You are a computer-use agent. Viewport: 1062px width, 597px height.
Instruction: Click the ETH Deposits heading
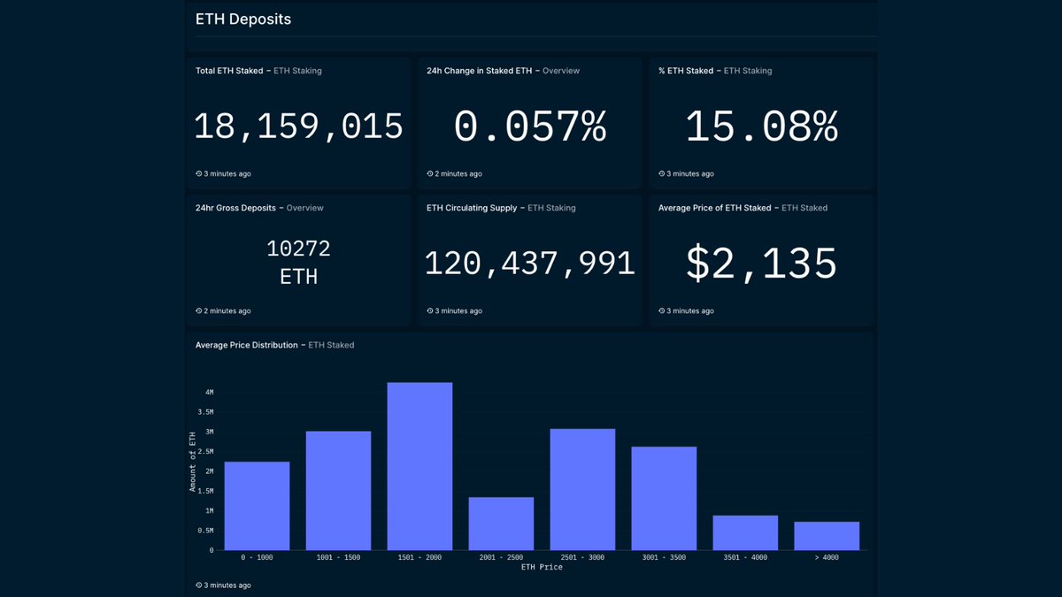pos(243,19)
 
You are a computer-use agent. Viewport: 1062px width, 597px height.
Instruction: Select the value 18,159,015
pos(299,127)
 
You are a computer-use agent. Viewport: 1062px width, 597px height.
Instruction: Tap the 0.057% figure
pos(530,127)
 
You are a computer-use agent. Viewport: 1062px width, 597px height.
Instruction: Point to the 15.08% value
pos(762,127)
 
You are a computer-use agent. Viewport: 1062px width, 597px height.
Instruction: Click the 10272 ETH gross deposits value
pos(299,263)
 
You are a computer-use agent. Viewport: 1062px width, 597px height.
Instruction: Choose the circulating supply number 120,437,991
pos(530,264)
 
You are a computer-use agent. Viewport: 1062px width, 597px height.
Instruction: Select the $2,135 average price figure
pos(762,264)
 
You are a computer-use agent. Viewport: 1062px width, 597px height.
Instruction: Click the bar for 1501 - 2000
pos(419,466)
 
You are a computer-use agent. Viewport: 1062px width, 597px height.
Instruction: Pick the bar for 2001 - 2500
pos(501,524)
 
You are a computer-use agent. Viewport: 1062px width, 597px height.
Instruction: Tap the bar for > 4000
pos(827,536)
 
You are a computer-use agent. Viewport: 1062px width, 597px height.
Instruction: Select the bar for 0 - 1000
pos(257,506)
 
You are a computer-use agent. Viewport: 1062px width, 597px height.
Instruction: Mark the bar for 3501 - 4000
pos(745,532)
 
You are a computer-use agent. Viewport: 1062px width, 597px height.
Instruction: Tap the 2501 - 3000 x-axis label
pos(582,557)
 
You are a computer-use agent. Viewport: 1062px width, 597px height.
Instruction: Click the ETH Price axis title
pos(542,567)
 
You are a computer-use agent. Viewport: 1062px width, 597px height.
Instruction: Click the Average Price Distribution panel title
pos(246,345)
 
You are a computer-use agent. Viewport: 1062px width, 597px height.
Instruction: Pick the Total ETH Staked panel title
pos(229,71)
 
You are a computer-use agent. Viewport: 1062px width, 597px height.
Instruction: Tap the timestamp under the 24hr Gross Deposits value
pos(223,311)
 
